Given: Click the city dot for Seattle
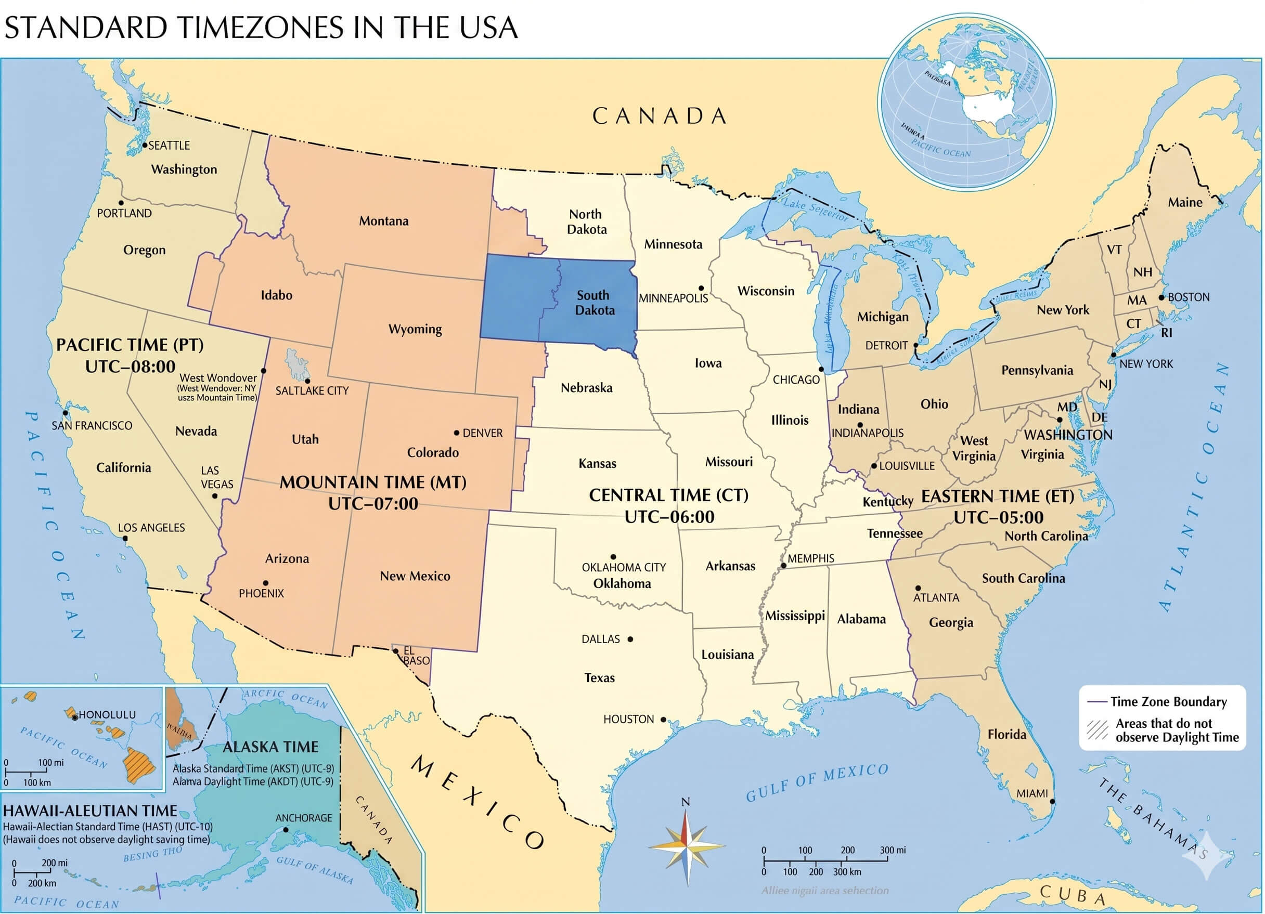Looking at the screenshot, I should [145, 145].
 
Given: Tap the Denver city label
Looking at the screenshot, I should [483, 433].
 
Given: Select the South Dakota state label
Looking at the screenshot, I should [595, 303].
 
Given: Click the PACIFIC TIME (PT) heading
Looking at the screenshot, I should [130, 345].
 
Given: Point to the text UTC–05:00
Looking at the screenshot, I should [998, 517].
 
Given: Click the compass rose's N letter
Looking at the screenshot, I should [686, 802].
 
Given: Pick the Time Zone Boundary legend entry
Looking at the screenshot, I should [1168, 701].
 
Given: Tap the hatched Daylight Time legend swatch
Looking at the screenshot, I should [1097, 729].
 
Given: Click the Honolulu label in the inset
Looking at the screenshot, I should [107, 714].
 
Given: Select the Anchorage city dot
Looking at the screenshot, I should [286, 830].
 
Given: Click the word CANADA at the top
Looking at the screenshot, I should [659, 116].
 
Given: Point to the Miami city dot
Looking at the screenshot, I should [1052, 801].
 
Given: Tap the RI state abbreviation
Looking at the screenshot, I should [1166, 333].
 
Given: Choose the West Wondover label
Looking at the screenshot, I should [218, 378].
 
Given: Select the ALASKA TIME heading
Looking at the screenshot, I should [270, 747].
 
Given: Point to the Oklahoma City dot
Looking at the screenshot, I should [613, 556].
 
